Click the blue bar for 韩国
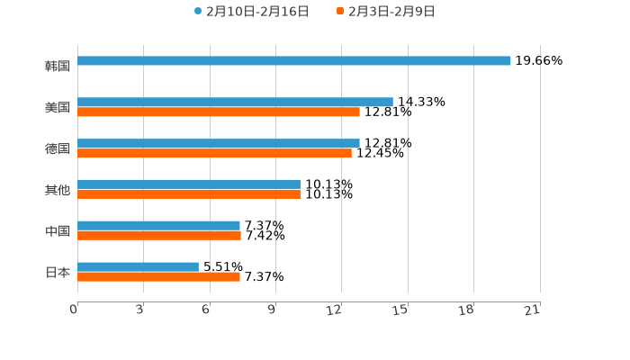(x=294, y=61)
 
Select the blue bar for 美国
(x=235, y=103)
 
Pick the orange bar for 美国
(x=219, y=112)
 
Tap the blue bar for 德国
(x=219, y=143)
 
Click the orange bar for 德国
(x=214, y=154)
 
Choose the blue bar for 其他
(x=189, y=184)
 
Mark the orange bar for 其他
(x=189, y=194)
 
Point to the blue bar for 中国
(x=158, y=226)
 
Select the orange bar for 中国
(x=159, y=236)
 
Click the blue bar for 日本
(x=138, y=266)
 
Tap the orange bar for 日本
(x=158, y=277)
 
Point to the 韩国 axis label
(x=58, y=66)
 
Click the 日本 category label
(x=58, y=272)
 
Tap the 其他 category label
(x=58, y=190)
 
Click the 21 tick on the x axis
(x=532, y=310)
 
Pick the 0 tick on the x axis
(x=74, y=310)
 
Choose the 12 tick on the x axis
(x=335, y=310)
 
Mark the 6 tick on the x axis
(x=206, y=310)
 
